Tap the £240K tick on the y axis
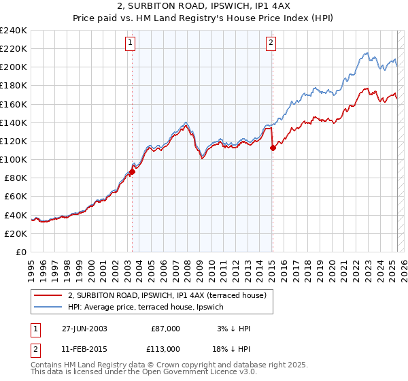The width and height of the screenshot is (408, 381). [14, 31]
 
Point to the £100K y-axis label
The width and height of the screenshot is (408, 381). [14, 159]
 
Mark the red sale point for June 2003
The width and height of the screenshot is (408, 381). [133, 171]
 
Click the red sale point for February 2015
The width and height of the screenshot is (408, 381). [273, 148]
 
